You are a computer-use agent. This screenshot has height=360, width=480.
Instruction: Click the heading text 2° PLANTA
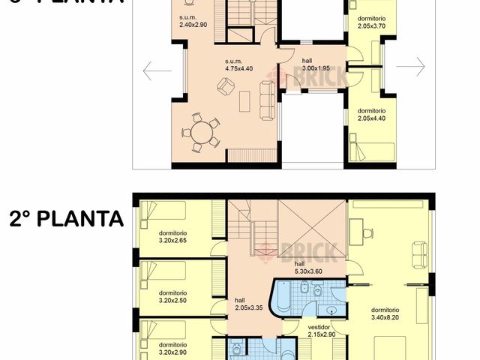[x=66, y=218]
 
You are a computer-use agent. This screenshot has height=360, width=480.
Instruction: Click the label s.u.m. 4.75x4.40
[x=239, y=64]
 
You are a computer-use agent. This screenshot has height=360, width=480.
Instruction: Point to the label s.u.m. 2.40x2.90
[x=193, y=21]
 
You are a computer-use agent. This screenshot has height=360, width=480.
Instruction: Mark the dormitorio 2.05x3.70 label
[x=371, y=21]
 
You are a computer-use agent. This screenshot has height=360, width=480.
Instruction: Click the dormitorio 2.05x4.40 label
[x=371, y=113]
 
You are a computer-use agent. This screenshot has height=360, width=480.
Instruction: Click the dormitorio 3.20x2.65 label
[x=172, y=236]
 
